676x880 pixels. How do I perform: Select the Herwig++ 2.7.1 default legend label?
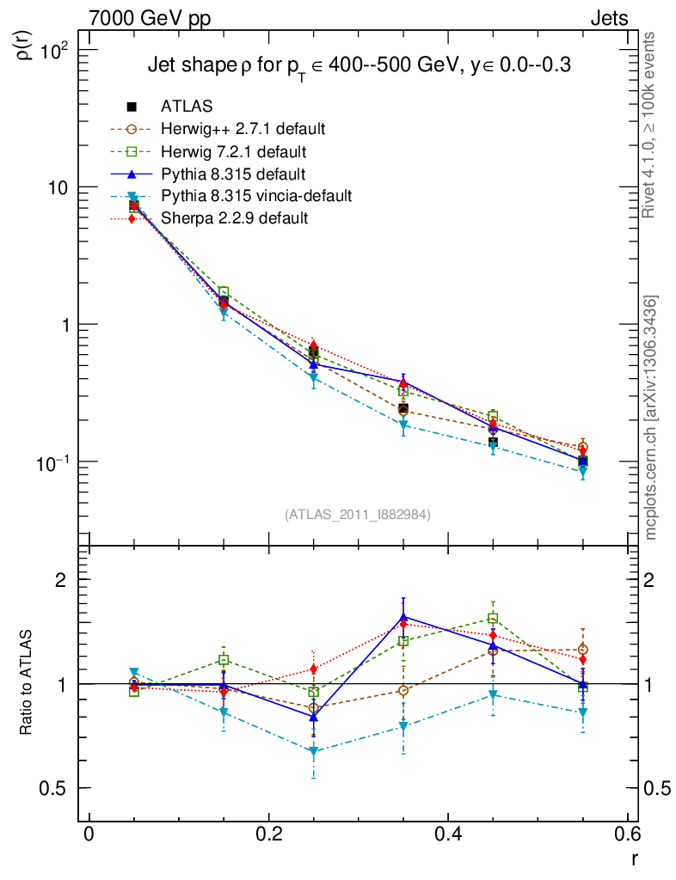243,129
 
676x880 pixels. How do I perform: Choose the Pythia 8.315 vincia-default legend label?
256,196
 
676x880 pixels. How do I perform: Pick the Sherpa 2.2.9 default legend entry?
234,218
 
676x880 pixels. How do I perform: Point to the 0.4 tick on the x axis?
448,834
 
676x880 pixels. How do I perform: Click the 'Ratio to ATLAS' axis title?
28,683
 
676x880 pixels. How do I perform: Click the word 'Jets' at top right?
608,18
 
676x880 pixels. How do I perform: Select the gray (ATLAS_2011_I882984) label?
358,515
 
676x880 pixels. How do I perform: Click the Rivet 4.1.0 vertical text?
651,125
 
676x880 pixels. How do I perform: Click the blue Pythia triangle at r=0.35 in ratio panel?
403,617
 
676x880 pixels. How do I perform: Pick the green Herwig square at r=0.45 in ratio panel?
493,618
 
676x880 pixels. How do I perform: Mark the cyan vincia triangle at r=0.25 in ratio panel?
314,752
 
